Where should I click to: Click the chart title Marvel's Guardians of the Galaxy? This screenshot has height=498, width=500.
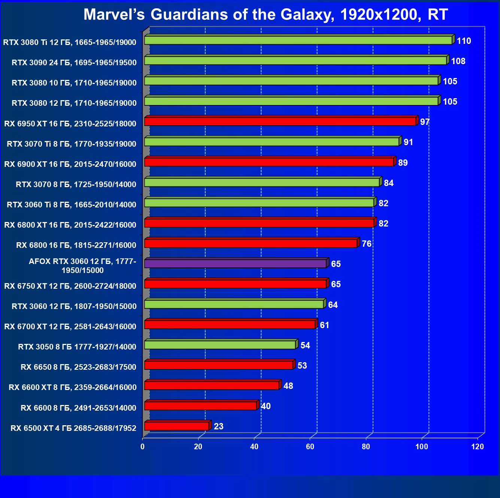coord(265,15)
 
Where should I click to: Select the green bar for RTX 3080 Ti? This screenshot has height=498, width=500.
coord(298,40)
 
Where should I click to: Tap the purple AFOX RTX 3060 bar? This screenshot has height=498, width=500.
coord(235,263)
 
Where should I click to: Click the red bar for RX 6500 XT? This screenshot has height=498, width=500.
coord(176,426)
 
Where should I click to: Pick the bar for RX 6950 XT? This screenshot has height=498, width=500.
coord(280,121)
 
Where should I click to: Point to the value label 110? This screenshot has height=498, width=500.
coord(464,41)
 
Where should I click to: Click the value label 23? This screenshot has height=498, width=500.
coord(218,426)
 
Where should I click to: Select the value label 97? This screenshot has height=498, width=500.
coord(425,122)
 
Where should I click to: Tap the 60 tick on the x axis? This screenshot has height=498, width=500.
coord(310,447)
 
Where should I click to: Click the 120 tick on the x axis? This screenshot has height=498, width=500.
coord(478,447)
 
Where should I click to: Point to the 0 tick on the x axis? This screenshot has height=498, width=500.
coord(142,447)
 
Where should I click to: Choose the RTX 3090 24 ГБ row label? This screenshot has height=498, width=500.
coord(74,63)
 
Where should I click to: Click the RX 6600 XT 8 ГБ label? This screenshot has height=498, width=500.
coord(73,387)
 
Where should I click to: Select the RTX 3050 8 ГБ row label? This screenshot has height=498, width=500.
coord(77,347)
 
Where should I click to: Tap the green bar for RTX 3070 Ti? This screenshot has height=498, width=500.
coord(272,142)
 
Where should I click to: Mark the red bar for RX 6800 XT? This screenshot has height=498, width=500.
coord(259,223)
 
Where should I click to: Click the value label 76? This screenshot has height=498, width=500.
coord(367,244)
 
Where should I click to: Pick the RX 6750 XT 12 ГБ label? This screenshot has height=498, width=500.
coord(70,286)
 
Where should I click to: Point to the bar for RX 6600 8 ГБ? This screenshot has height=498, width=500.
coord(200,406)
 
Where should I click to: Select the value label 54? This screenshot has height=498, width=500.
coord(305,345)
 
